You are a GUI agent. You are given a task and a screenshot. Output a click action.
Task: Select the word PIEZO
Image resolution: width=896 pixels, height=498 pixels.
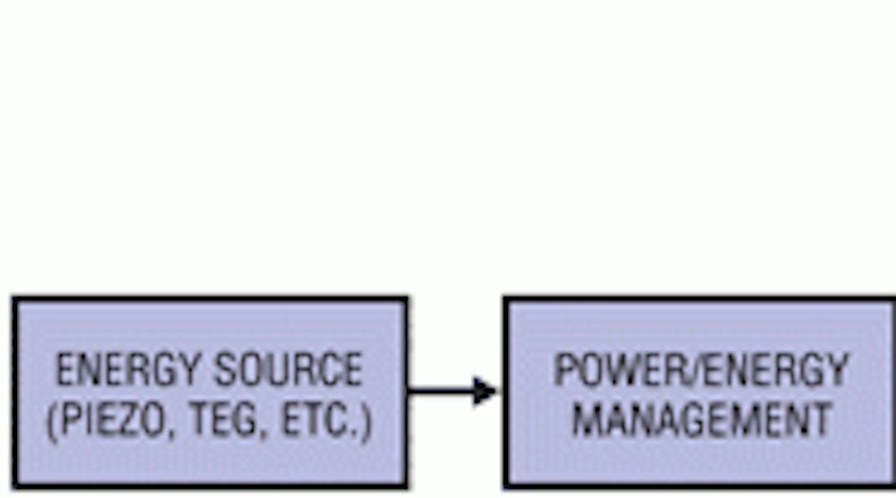point(109,422)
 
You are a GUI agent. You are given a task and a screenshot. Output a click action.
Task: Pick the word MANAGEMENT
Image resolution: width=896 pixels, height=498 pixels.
point(702,420)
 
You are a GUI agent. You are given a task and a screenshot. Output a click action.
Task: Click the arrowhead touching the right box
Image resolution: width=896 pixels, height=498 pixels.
point(487,391)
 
